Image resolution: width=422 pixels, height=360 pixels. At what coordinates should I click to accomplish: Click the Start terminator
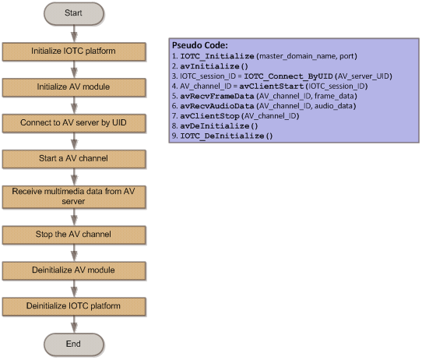[74, 13]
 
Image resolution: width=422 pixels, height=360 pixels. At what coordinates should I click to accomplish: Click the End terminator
[74, 344]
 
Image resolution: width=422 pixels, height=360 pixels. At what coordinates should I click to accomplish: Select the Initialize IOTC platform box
[74, 51]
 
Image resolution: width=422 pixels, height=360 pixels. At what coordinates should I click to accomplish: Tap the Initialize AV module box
[74, 87]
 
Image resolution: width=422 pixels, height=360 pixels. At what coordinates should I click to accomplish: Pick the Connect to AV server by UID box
[74, 123]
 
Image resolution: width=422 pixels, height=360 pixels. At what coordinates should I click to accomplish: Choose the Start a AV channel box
[74, 159]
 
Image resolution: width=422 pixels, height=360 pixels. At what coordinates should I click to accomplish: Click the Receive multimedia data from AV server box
[74, 197]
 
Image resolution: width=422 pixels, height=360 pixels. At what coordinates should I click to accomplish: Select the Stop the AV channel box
[74, 235]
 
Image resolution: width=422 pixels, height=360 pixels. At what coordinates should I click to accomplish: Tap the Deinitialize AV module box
[74, 270]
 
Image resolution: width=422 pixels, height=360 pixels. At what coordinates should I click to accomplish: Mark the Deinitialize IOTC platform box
[74, 306]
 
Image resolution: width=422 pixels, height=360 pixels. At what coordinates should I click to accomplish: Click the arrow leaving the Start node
[74, 34]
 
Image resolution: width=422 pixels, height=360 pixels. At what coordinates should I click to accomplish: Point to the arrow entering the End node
[74, 324]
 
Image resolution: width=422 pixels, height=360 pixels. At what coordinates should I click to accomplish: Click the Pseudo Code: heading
[200, 45]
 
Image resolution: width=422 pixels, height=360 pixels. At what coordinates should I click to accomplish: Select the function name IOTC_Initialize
[217, 56]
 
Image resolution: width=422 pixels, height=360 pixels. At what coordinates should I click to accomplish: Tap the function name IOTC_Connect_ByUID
[288, 76]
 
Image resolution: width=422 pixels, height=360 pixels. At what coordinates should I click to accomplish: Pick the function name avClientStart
[271, 86]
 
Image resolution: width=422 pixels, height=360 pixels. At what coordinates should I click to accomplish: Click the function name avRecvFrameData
[217, 96]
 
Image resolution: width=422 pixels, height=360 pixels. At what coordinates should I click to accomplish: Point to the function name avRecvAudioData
[217, 106]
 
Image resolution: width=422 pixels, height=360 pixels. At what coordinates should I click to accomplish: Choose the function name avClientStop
[209, 116]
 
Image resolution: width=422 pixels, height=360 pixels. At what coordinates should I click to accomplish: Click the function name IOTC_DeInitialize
[222, 136]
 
